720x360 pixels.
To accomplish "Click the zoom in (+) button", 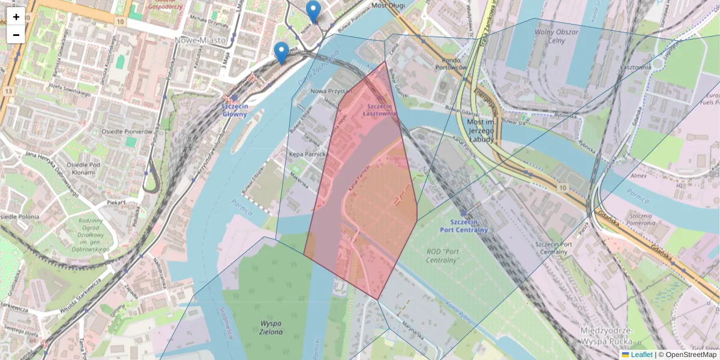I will (x=16, y=17).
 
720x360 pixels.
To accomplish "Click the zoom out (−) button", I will (x=16, y=35).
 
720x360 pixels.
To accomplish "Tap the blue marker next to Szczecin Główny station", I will (x=281, y=52).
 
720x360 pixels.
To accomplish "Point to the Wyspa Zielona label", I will (x=271, y=327).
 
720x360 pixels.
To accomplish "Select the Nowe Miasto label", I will (x=200, y=40).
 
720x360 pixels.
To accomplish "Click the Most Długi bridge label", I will (x=388, y=5).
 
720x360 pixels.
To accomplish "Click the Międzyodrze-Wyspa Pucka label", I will (x=608, y=337).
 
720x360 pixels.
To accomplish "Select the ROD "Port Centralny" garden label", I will (x=443, y=256).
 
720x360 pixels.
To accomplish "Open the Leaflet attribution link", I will (x=641, y=355).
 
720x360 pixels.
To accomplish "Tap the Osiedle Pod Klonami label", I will (x=80, y=169).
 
